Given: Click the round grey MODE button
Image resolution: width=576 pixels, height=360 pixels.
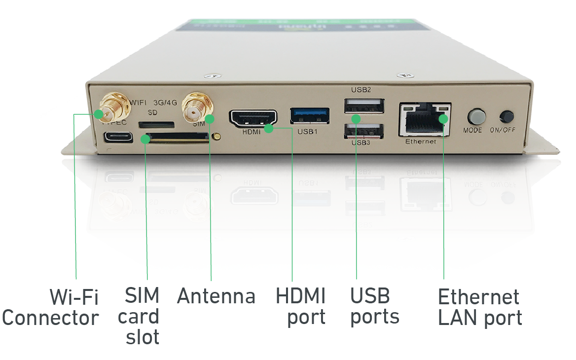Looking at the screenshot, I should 476,116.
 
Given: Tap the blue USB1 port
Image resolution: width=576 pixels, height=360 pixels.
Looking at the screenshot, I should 309,115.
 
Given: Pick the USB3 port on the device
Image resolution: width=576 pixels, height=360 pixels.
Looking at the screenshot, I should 364,132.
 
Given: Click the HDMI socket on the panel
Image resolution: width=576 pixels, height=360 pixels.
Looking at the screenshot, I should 252,118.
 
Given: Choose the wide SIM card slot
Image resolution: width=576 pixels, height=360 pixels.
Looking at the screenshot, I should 177,139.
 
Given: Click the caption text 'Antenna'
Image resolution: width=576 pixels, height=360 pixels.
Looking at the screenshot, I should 216,296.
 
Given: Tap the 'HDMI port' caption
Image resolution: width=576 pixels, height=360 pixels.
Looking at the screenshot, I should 301,307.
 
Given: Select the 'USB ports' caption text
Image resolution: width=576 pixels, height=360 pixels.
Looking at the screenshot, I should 374,307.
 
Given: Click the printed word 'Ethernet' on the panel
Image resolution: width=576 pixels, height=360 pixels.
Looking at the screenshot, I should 421,142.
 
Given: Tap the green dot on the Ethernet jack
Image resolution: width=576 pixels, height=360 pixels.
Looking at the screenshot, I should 443,118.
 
